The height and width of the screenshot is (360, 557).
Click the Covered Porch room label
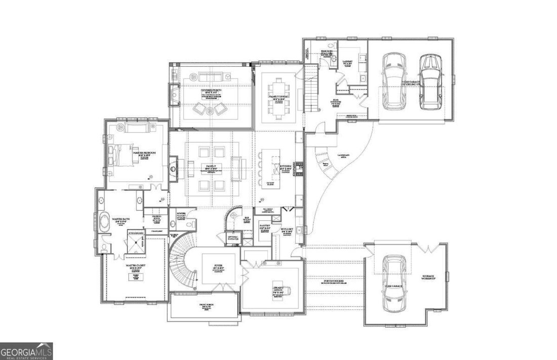click(x=211, y=92)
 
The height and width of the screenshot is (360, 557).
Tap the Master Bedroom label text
click(x=144, y=152)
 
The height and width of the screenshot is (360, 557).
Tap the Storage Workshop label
click(x=432, y=277)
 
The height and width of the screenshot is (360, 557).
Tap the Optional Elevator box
click(x=233, y=237)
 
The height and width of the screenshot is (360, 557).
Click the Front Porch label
click(x=205, y=307)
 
